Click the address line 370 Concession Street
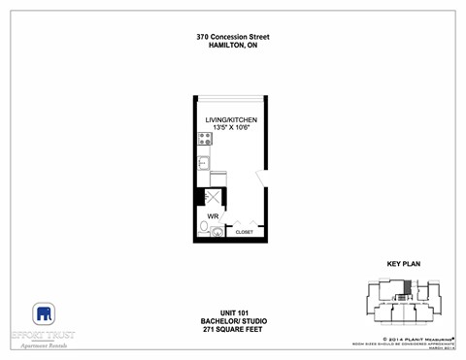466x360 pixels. pos(233,37)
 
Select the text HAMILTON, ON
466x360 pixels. pos(233,46)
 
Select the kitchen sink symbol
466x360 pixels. pos(204,163)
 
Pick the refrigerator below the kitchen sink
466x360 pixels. pos(218,178)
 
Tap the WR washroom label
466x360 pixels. pos(212,216)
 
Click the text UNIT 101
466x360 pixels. pos(233,311)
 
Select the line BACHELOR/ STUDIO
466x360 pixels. pos(233,319)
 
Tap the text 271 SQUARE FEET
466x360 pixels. pos(233,328)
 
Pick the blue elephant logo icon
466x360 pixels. pos(44,313)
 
